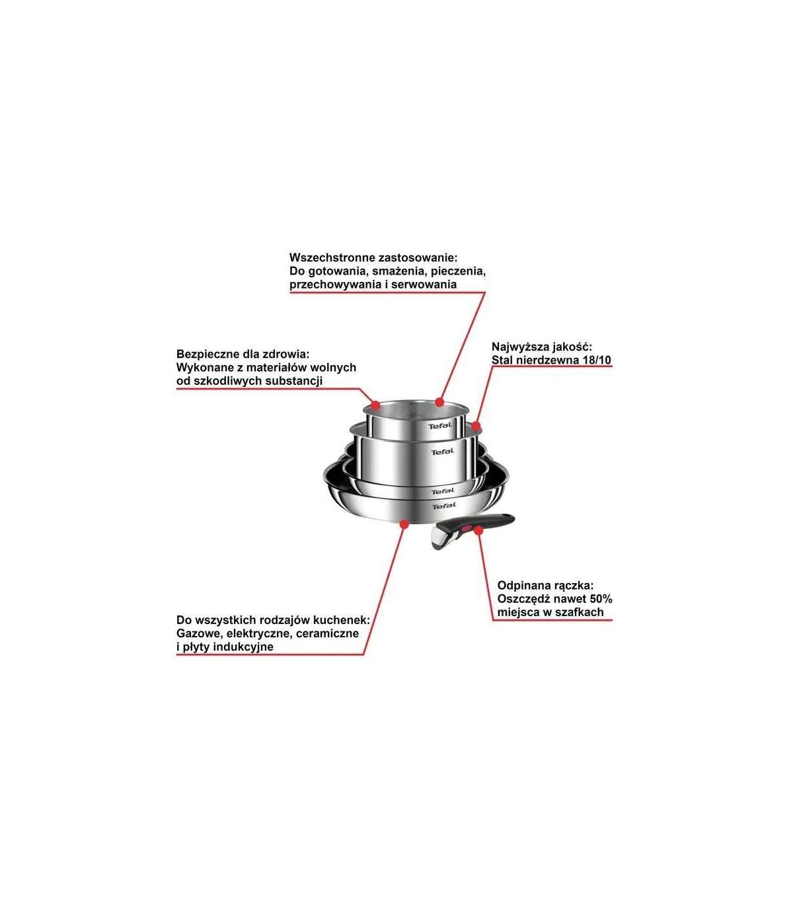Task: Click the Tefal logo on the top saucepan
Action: click(x=439, y=425)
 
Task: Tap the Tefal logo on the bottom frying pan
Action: click(x=444, y=506)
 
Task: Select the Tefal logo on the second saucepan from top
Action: click(x=443, y=452)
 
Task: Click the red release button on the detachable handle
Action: click(x=467, y=528)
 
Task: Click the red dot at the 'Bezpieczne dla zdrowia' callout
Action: click(x=375, y=405)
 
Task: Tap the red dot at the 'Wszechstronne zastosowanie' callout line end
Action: click(x=439, y=402)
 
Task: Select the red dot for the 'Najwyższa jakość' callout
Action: click(x=476, y=427)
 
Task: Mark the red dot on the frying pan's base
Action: click(x=404, y=524)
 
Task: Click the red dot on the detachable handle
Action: click(x=478, y=530)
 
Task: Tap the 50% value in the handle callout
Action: click(x=601, y=599)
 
